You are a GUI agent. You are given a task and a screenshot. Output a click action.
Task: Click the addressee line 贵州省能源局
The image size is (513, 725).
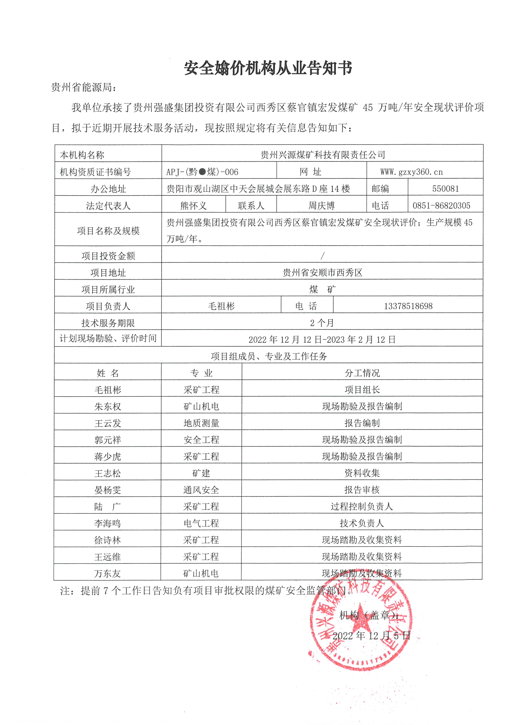coord(84,87)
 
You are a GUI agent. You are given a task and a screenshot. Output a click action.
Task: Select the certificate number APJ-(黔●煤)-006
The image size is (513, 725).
coord(202,172)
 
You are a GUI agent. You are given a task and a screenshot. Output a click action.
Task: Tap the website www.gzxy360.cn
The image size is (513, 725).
coord(411,172)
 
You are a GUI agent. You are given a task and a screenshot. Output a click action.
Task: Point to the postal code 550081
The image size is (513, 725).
coord(445,189)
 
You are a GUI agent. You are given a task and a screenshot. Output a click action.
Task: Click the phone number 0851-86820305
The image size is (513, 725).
coord(441,206)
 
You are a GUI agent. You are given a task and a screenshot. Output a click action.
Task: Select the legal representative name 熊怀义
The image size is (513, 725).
coord(193,206)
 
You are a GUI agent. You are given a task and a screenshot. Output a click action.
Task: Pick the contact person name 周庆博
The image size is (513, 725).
coord(321,206)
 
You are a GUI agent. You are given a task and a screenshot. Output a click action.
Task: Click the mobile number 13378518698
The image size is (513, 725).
coord(408,306)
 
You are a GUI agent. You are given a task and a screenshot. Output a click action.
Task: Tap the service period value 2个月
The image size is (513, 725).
coord(322,323)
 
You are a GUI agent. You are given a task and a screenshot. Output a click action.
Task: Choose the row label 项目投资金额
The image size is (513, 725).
coord(108,256)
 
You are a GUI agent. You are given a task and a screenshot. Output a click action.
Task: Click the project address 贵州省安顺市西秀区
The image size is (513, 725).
coord(322,272)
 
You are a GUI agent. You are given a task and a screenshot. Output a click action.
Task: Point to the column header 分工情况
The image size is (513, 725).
coord(362,373)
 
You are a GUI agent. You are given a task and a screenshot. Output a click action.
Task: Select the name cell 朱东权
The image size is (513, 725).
coord(108,407)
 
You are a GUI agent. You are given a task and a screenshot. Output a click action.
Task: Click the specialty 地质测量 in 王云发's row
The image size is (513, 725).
coord(201,423)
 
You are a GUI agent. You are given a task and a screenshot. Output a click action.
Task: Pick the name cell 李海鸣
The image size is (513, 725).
coord(107,523)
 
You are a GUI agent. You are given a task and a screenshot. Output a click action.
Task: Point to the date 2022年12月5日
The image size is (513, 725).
coord(371,636)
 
